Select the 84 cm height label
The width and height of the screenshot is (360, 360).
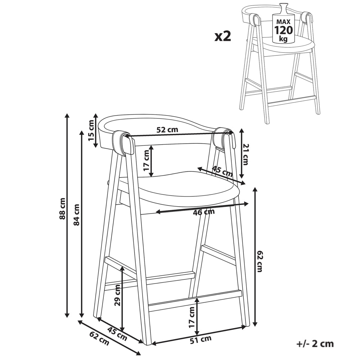[76, 215]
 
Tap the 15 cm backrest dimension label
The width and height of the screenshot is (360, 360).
[91, 134]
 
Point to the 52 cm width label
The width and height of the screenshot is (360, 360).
[167, 130]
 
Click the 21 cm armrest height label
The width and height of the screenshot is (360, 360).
[246, 154]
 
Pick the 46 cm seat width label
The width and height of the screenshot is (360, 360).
[204, 212]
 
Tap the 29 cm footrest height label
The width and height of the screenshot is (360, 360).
[117, 295]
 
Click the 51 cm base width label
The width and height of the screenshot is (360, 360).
[201, 339]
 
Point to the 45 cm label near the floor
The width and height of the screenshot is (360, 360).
[117, 333]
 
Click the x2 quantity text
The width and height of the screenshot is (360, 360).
[222, 37]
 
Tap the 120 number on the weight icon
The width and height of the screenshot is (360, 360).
[284, 30]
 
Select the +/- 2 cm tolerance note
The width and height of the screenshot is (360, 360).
[315, 344]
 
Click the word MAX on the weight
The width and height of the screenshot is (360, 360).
[284, 22]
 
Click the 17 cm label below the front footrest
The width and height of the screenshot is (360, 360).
[192, 317]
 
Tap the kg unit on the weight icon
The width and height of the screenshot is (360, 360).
[283, 39]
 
